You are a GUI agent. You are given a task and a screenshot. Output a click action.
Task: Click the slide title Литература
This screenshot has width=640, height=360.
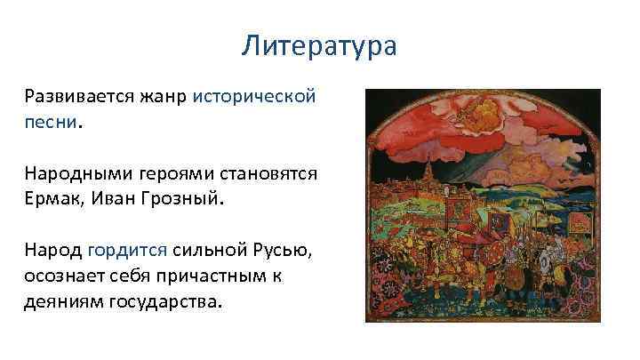click(319, 45)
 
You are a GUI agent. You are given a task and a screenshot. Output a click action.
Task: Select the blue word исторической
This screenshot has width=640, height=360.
click(254, 97)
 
